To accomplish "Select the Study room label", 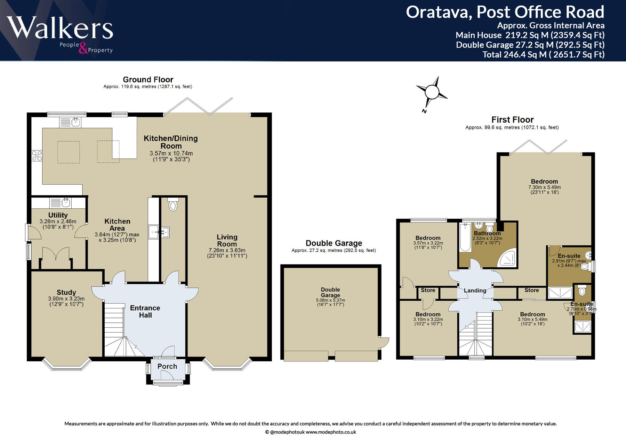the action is (66, 293).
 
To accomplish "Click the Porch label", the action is (167, 366).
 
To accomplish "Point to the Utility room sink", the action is (61, 202).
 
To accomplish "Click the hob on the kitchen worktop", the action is (37, 156).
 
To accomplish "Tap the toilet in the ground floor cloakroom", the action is (173, 204).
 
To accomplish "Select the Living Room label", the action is (227, 241).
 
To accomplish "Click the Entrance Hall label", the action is (145, 311).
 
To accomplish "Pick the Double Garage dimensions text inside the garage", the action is (330, 302).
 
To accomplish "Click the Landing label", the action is (475, 291).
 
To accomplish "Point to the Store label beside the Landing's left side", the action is (428, 290).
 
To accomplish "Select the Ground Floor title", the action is (148, 79).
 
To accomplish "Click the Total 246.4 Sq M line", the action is (543, 54).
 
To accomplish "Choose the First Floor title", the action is (512, 120).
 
